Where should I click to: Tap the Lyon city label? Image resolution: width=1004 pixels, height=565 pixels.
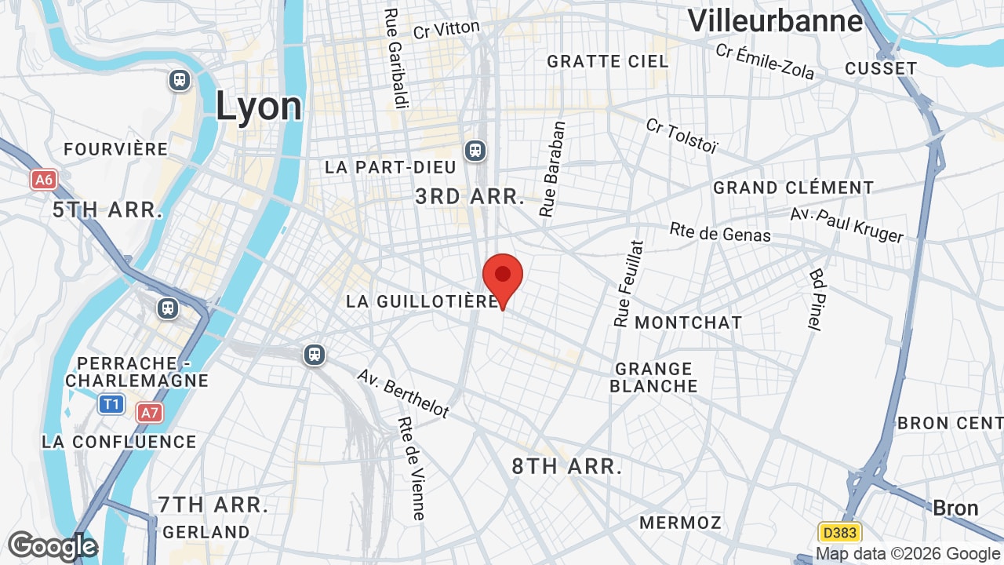pyautogui.click(x=259, y=106)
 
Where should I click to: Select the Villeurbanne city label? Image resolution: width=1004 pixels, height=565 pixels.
pyautogui.click(x=775, y=21)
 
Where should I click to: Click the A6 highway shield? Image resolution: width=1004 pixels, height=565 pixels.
pyautogui.click(x=44, y=180)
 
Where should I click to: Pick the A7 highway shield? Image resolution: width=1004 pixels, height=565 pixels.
pyautogui.click(x=149, y=412)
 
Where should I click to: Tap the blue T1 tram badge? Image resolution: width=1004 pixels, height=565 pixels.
pyautogui.click(x=111, y=404)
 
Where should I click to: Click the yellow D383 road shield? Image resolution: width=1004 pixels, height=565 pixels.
pyautogui.click(x=839, y=533)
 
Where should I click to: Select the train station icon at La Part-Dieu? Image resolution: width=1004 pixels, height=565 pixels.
pyautogui.click(x=475, y=150)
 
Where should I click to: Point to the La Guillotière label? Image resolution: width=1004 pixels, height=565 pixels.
pyautogui.click(x=422, y=301)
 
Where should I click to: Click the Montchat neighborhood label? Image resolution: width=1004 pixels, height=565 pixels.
pyautogui.click(x=688, y=323)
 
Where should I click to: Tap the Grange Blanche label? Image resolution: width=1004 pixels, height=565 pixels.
pyautogui.click(x=653, y=377)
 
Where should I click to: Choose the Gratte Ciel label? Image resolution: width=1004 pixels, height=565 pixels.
pyautogui.click(x=608, y=61)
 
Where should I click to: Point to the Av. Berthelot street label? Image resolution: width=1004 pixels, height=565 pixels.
pyautogui.click(x=403, y=393)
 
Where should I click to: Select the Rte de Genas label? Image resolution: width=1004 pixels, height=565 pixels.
pyautogui.click(x=720, y=232)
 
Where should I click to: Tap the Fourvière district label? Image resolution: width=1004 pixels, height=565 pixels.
pyautogui.click(x=116, y=149)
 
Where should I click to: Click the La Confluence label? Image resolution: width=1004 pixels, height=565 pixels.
pyautogui.click(x=119, y=442)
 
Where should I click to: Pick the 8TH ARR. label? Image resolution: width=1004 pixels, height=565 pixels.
pyautogui.click(x=567, y=466)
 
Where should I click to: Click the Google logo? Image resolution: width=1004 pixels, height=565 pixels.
pyautogui.click(x=52, y=546)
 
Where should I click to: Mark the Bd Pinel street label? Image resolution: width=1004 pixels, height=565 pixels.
pyautogui.click(x=817, y=300)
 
